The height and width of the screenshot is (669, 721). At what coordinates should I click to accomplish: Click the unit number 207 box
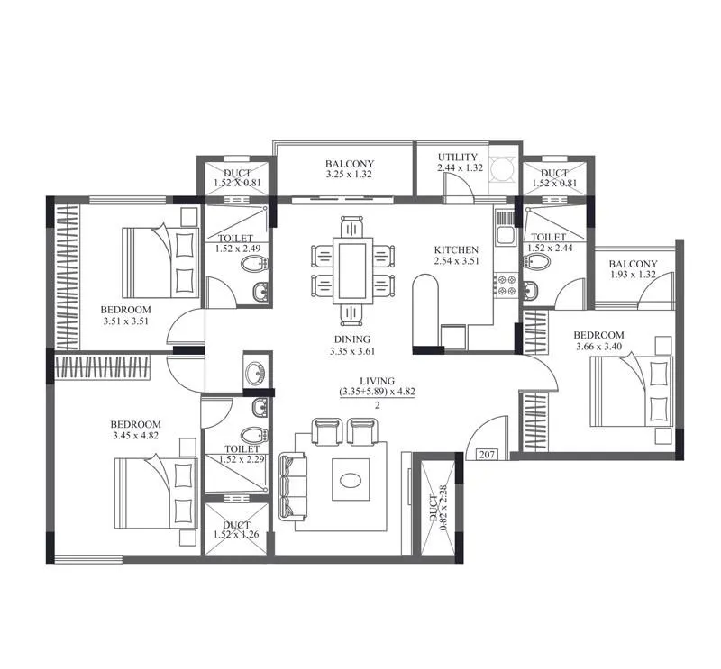tap(486, 455)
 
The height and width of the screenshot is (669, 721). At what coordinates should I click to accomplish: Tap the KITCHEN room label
tap(455, 249)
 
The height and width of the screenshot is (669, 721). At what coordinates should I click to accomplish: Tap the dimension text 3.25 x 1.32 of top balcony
tap(350, 176)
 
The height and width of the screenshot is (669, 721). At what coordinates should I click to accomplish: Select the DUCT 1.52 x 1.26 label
tap(236, 530)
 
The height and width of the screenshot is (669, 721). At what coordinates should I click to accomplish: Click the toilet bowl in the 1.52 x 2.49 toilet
tap(256, 264)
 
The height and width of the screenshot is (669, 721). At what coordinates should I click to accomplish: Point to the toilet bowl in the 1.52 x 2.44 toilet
tap(538, 262)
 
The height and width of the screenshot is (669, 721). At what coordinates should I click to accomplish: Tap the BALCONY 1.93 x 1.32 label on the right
tap(634, 269)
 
